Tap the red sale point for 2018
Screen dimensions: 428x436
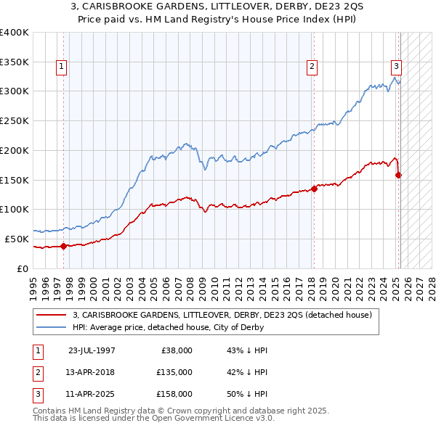click(x=314, y=189)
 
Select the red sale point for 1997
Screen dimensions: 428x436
click(x=63, y=246)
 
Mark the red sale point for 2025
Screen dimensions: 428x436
click(x=399, y=175)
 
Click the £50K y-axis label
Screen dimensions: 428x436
click(x=17, y=239)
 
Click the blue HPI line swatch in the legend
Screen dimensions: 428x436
click(x=51, y=327)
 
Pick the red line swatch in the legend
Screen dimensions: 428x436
click(x=51, y=315)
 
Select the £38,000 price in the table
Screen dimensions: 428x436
click(x=177, y=350)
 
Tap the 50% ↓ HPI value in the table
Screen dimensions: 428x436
click(x=248, y=394)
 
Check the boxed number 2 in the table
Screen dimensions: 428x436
click(x=37, y=372)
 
